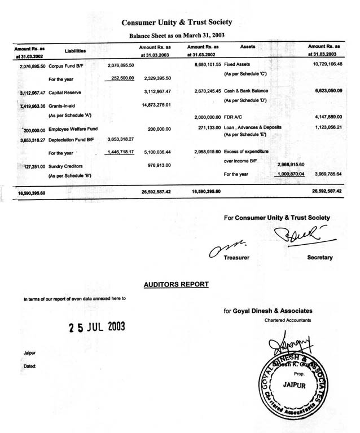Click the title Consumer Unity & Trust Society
tap(177, 22)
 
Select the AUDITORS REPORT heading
tap(176, 284)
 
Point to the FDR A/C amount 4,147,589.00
tap(324, 116)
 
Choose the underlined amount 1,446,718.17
tap(120, 152)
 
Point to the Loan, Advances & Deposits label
tap(252, 127)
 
